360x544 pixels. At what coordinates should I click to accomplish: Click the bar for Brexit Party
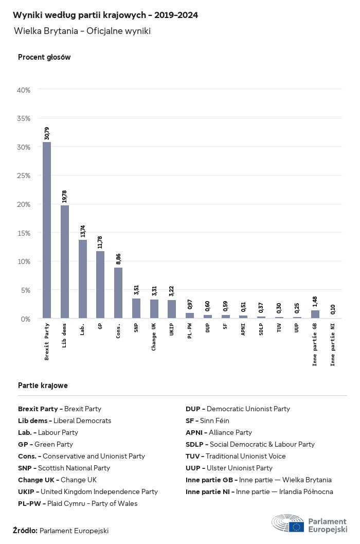click(x=46, y=230)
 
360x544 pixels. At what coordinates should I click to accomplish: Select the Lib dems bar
click(x=64, y=261)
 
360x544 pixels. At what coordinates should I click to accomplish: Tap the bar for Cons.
click(x=118, y=293)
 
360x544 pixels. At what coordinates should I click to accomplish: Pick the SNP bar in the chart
click(x=136, y=308)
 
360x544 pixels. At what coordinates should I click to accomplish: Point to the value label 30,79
click(x=47, y=133)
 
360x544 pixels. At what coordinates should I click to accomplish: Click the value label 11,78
click(x=101, y=242)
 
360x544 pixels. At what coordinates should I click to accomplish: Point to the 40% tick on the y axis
click(x=24, y=90)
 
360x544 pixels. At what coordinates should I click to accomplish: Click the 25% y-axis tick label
click(x=24, y=176)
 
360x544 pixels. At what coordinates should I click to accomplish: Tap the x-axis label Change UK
click(x=154, y=337)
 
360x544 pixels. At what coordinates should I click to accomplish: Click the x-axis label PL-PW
click(x=190, y=332)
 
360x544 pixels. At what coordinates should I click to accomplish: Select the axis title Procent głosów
click(x=44, y=57)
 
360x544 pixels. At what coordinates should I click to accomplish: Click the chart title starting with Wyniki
click(x=105, y=15)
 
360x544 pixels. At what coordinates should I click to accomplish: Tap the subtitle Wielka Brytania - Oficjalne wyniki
click(x=82, y=31)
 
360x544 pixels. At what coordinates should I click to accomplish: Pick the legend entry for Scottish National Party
click(x=64, y=468)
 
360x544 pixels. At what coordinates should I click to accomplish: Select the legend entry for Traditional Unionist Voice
click(x=236, y=456)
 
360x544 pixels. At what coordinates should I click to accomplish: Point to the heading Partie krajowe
click(x=43, y=385)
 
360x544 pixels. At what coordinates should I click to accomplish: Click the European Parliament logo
click(x=310, y=523)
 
